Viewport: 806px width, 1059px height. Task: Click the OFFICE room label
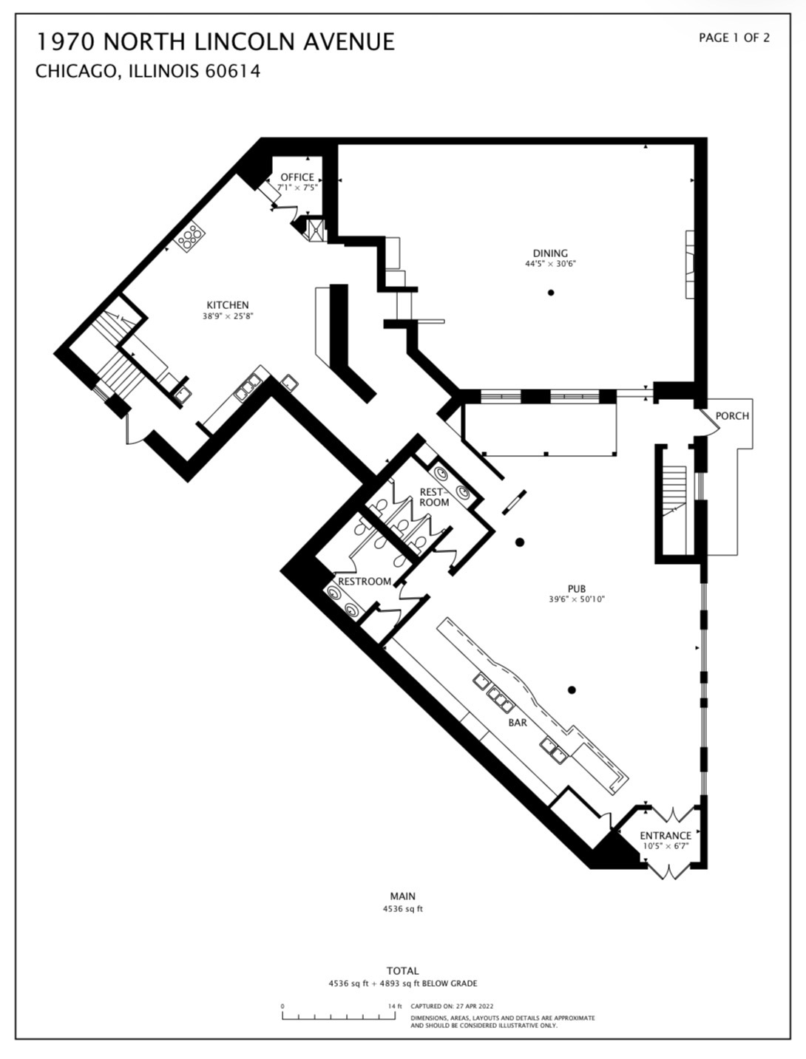click(x=297, y=177)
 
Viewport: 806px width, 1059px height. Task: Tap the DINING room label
click(x=550, y=253)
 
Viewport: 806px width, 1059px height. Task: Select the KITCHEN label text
click(x=228, y=305)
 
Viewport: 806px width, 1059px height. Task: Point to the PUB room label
click(x=577, y=589)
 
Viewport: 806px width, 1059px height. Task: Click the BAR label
click(x=518, y=723)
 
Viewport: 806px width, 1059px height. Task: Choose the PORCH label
click(x=732, y=416)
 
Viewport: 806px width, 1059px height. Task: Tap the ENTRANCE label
click(x=666, y=836)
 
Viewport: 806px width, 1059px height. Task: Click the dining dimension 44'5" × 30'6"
click(x=551, y=264)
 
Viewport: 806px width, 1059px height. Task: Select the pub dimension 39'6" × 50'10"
click(x=577, y=599)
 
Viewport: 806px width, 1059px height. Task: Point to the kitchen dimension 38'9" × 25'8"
click(x=228, y=316)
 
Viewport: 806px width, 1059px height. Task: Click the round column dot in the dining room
click(x=551, y=293)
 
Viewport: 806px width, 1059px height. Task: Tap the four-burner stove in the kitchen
click(x=190, y=236)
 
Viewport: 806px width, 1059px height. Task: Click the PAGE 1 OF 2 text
click(x=734, y=38)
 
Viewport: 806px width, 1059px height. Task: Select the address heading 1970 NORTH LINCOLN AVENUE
click(x=215, y=41)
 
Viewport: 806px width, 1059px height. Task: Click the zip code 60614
click(x=233, y=72)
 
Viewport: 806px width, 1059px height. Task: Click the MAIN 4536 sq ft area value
click(x=402, y=909)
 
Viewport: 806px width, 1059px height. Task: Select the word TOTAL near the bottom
click(x=402, y=971)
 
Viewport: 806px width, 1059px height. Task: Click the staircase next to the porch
click(x=674, y=491)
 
